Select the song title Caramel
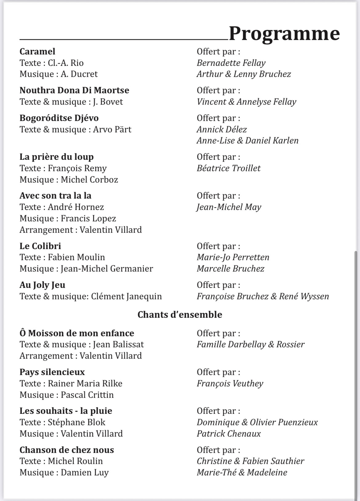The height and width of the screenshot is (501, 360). (x=37, y=51)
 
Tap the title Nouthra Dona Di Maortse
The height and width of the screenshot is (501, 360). (x=74, y=90)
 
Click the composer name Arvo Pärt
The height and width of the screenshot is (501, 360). (x=112, y=129)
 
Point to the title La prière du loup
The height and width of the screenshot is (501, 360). (x=56, y=157)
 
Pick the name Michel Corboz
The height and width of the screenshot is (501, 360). (x=89, y=180)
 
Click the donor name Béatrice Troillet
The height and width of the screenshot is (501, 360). (x=228, y=168)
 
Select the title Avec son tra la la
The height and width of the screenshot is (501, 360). (x=55, y=196)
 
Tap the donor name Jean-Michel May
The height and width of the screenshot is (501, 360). (x=229, y=207)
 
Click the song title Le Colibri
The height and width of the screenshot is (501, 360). (x=40, y=246)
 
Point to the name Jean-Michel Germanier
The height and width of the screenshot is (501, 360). (x=106, y=269)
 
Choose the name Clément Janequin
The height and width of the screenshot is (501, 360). (x=126, y=296)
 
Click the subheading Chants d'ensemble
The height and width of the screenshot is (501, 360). (x=180, y=314)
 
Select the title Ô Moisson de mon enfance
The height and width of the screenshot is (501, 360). (x=77, y=333)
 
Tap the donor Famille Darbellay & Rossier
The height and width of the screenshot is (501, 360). (x=250, y=344)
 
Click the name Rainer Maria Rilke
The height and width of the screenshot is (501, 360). (x=85, y=383)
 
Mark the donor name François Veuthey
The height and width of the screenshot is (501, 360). (x=230, y=383)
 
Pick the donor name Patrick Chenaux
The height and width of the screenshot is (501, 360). (x=229, y=434)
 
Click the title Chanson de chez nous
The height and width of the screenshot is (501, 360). (x=66, y=450)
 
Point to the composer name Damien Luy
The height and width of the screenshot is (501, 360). (x=85, y=472)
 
